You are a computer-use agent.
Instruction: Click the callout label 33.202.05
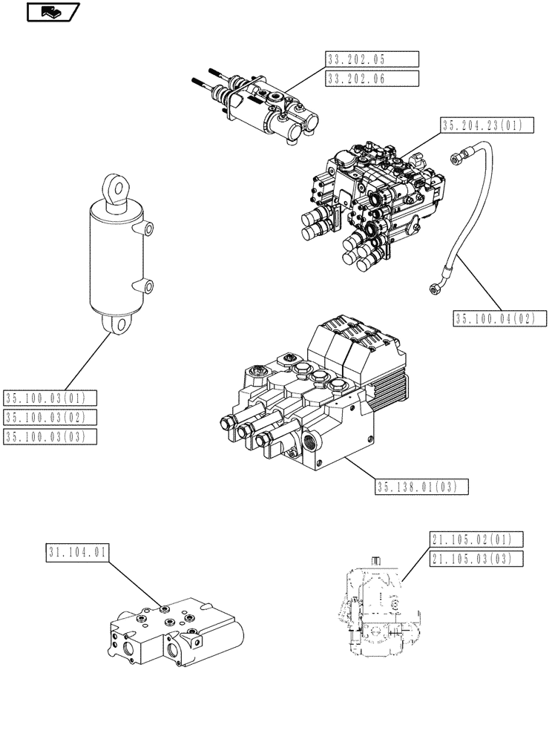[x=372, y=59]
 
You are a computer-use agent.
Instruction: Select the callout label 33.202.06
[x=372, y=78]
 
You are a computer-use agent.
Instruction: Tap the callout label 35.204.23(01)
[x=487, y=125]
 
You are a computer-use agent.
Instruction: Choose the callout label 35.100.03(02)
[x=50, y=418]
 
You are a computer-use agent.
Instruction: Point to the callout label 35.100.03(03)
[x=50, y=436]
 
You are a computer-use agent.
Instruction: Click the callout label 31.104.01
[x=78, y=552]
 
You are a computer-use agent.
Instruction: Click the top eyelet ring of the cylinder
[x=115, y=185]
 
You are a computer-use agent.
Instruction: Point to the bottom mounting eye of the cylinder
[x=116, y=324]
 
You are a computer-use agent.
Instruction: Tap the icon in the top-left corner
[x=52, y=12]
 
